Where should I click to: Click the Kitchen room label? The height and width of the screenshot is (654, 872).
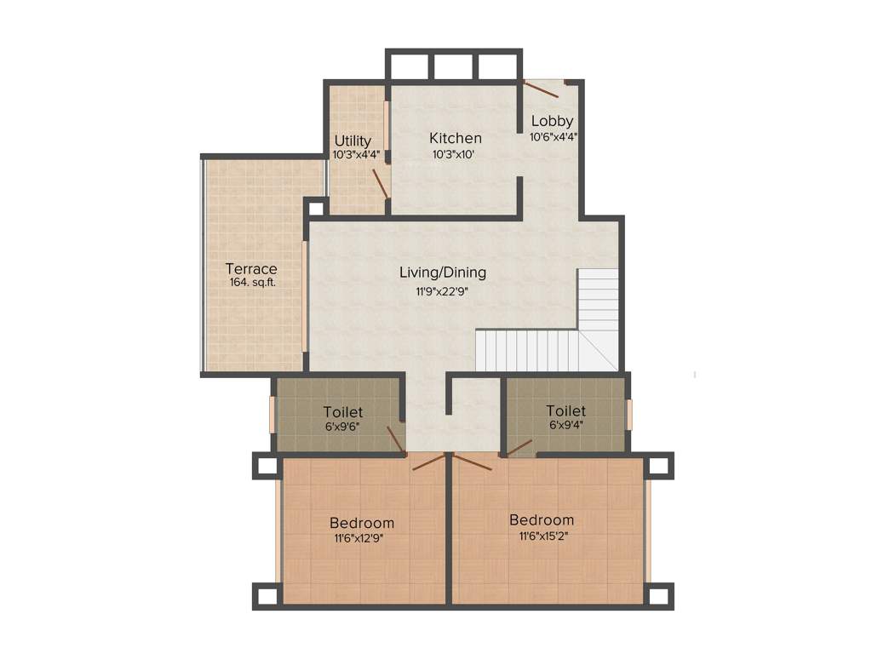click(x=455, y=138)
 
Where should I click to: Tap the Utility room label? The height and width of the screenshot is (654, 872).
click(x=353, y=141)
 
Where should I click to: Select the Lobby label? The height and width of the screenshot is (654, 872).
click(x=552, y=121)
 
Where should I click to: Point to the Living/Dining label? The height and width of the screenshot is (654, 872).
click(x=443, y=272)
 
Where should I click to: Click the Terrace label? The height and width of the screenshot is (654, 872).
click(x=251, y=269)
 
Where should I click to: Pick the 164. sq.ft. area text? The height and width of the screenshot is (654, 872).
click(x=252, y=283)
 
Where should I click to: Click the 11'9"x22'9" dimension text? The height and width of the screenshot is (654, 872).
click(x=443, y=291)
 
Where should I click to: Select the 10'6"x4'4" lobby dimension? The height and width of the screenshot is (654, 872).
click(x=554, y=136)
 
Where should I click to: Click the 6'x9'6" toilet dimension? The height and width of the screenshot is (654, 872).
click(x=343, y=427)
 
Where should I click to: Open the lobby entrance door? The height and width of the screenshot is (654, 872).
click(x=542, y=88)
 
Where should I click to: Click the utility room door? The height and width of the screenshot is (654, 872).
click(x=381, y=183)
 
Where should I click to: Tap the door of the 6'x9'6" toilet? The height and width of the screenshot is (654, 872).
click(x=395, y=439)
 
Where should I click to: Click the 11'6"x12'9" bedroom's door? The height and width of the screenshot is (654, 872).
click(x=428, y=462)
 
